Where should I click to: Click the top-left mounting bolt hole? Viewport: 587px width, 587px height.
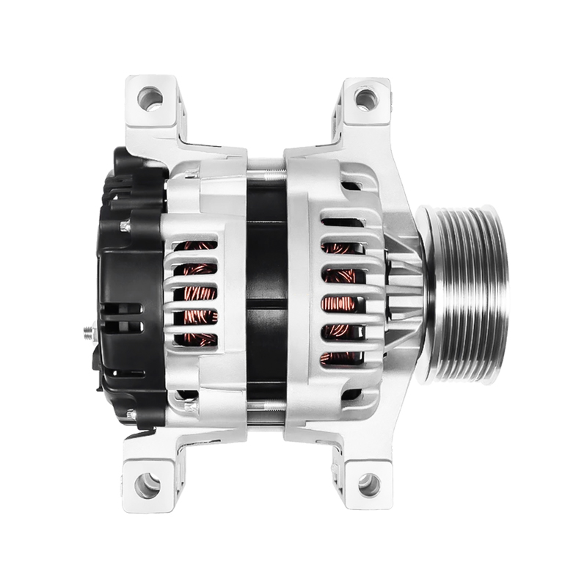tap(150, 98)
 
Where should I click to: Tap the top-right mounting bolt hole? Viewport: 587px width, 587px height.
tap(365, 98)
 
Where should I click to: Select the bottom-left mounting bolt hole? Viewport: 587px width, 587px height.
tap(147, 484)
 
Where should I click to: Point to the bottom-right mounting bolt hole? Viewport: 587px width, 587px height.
tap(368, 484)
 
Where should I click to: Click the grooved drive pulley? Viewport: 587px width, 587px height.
tap(462, 293)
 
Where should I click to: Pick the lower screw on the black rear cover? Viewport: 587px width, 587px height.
tap(130, 415)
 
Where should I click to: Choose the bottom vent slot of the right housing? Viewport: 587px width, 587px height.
tap(342, 359)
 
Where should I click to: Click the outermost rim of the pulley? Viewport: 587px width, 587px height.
tap(500, 293)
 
